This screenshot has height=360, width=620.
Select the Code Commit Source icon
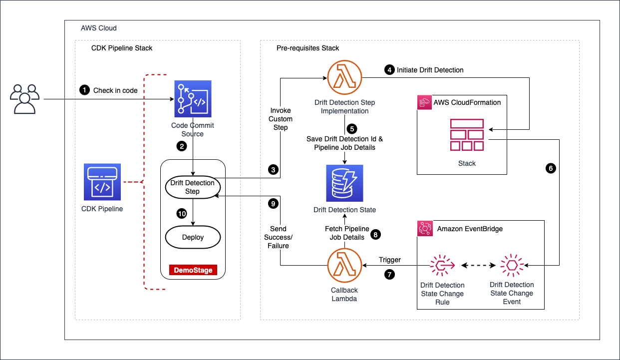point(193,98)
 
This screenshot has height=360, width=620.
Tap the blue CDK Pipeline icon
point(102,182)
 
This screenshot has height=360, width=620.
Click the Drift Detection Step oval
point(192,187)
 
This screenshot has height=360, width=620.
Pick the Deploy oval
point(193,237)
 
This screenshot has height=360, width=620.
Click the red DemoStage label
point(193,270)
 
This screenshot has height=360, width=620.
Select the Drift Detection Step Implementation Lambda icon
point(344,78)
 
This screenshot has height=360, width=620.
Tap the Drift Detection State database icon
point(344,182)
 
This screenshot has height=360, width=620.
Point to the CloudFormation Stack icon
point(467,135)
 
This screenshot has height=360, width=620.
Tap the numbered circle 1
point(85,90)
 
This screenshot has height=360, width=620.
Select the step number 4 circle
point(389,70)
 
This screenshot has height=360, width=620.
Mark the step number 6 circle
point(551,169)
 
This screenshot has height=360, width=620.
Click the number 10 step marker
point(182,214)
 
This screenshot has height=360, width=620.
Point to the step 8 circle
point(375,234)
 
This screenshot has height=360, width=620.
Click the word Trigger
point(389,260)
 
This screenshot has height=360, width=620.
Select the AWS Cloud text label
point(99,28)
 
